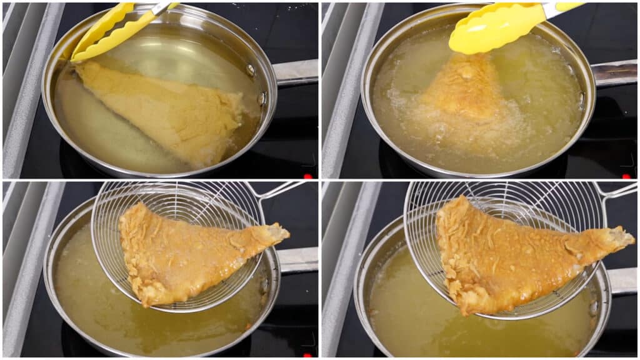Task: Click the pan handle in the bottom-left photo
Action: pyautogui.click(x=297, y=259)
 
